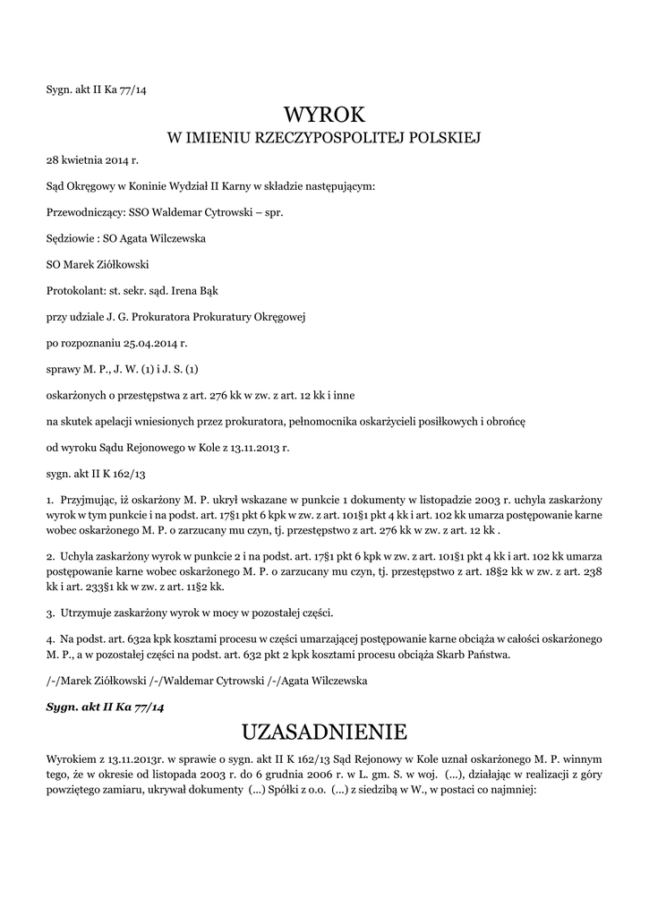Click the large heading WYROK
(324, 116)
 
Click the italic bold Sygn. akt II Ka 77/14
(106, 707)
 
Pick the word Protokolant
(74, 291)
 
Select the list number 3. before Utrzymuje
(50, 613)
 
